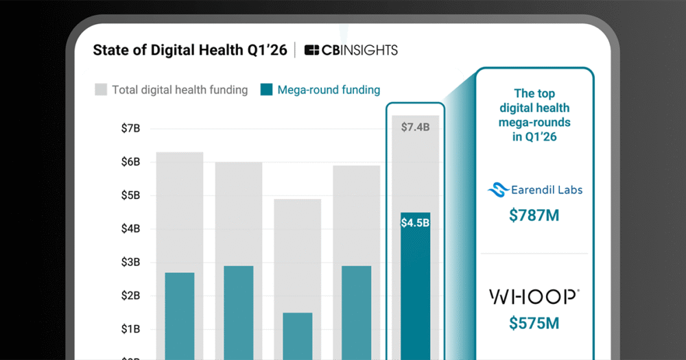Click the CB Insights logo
[x=351, y=50]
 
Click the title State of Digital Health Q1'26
[x=190, y=50]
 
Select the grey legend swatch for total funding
[x=101, y=90]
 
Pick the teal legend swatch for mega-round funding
[x=266, y=90]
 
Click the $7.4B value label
[x=416, y=127]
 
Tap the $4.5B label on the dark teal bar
[x=416, y=222]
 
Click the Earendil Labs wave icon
[x=497, y=190]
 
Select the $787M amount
[x=534, y=215]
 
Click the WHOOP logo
[x=534, y=297]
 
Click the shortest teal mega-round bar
[x=297, y=336]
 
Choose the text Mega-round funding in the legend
[x=329, y=90]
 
